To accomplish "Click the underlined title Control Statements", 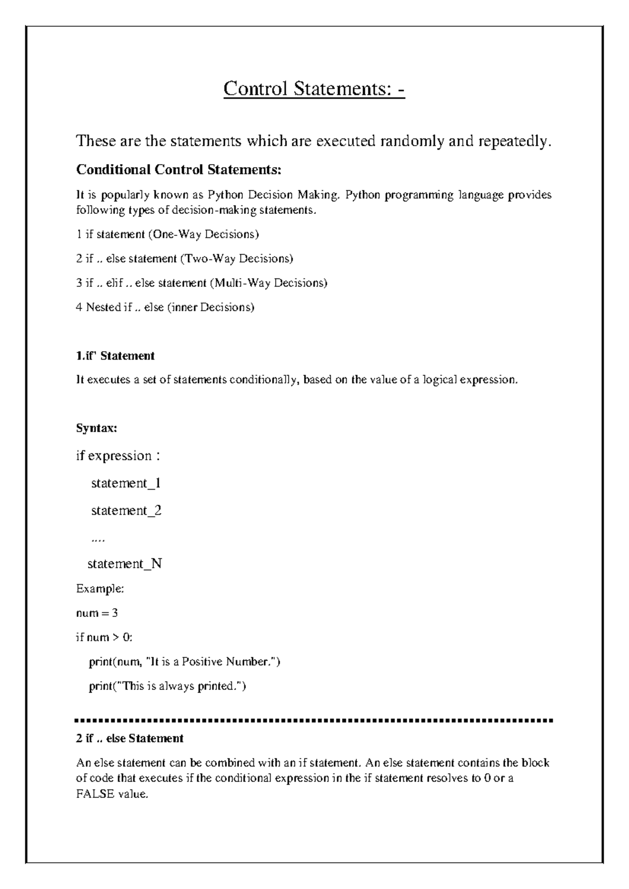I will coord(313,89).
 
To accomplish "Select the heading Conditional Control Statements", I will coord(179,170).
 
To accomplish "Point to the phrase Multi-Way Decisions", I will coord(269,283).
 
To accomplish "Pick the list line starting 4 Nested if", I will coord(165,307).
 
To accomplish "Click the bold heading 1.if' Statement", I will coord(115,356).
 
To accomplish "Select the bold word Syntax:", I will coord(96,428).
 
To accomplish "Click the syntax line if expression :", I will coord(118,456).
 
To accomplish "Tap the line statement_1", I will coord(126,483).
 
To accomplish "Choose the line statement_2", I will coord(126,511).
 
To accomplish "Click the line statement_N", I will coord(125,564).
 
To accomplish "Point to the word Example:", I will coord(100,589).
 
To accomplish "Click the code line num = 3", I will coord(97,613).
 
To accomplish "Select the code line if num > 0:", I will coord(104,637).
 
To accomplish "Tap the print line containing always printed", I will coord(167,686).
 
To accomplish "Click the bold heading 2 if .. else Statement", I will coord(129,739).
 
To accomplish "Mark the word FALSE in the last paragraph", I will coord(95,794).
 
